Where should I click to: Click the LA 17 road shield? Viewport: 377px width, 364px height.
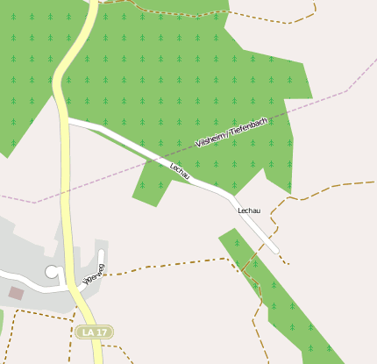(x=95, y=332)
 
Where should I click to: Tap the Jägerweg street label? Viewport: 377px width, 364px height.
(x=93, y=274)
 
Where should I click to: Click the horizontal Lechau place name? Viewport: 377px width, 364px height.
(x=250, y=211)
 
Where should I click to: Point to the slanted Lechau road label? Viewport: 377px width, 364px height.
(x=180, y=171)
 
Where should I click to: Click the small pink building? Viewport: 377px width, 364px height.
(x=16, y=292)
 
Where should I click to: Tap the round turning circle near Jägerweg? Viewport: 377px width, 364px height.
(x=53, y=272)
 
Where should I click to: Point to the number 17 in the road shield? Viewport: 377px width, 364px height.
(x=102, y=332)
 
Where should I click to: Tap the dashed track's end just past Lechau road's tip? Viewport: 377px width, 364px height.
(x=288, y=261)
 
